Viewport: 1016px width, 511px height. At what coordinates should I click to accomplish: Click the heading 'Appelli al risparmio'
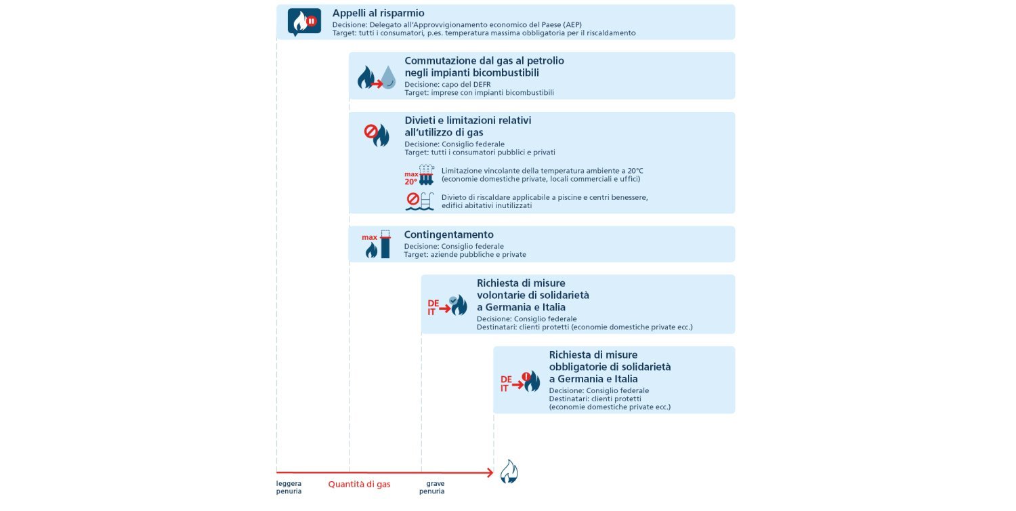point(378,13)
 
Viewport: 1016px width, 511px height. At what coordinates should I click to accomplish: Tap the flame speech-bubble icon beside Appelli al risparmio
point(304,22)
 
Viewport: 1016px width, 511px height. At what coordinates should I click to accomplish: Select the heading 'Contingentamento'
point(448,234)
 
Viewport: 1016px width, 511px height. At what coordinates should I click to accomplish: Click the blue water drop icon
point(388,77)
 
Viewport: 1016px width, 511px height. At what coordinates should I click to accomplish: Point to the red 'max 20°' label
point(411,178)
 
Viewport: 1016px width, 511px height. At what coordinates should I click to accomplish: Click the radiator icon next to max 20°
point(427,175)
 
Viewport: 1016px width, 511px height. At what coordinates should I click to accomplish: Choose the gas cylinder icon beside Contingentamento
point(385,244)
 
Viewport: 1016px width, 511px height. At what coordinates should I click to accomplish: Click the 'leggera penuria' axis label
point(289,487)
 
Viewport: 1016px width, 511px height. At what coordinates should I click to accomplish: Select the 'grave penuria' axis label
point(436,487)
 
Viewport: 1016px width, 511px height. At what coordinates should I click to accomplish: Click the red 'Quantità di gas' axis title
point(359,484)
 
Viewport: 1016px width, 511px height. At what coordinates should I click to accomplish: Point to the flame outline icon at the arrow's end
point(509,472)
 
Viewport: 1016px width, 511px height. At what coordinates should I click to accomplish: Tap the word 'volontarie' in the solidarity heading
point(500,295)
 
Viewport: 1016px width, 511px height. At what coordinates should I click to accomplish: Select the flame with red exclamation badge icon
point(531,381)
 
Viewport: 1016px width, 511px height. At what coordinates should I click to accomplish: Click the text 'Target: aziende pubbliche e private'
point(465,255)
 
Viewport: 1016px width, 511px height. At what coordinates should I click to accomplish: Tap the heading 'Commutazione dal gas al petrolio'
point(484,60)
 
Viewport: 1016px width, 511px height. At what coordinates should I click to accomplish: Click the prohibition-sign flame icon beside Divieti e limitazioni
point(377,134)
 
